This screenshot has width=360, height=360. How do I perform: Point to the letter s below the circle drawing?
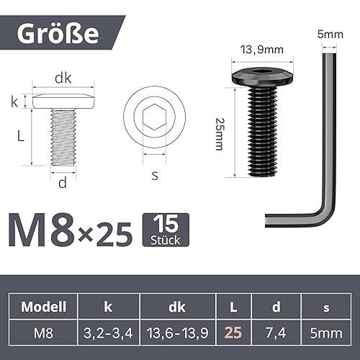coord(155,175)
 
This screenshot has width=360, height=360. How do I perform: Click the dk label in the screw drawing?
coord(63,77)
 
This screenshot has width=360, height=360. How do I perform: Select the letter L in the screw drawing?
coord(22,136)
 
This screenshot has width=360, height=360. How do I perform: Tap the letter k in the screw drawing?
coord(14,101)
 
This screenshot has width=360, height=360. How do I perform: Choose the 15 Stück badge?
coord(166,229)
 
